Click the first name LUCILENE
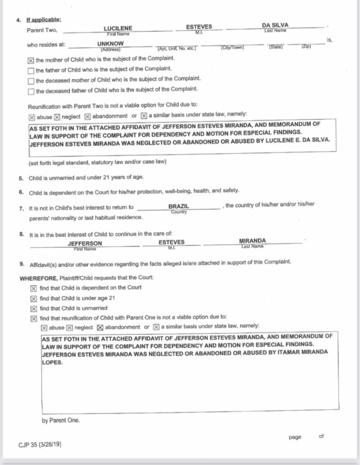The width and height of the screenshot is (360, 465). coord(118,28)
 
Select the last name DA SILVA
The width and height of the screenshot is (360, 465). coord(275,25)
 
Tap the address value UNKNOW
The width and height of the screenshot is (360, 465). coord(111,44)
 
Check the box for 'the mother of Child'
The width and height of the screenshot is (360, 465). coord(31,59)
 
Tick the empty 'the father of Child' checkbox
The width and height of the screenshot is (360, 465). coord(31,70)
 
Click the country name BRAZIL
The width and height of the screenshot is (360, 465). coord(178,206)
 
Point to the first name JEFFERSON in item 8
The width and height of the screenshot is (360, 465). coord(85,243)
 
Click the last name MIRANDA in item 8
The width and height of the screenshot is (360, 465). coord(252,241)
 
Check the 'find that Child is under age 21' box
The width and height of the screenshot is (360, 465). coord(34,298)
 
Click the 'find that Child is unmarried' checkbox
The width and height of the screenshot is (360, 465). coord(34,308)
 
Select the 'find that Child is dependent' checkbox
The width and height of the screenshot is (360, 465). coord(34,288)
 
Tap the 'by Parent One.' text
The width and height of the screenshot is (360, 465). coord(60,420)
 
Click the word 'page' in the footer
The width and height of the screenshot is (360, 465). coord(295,437)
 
